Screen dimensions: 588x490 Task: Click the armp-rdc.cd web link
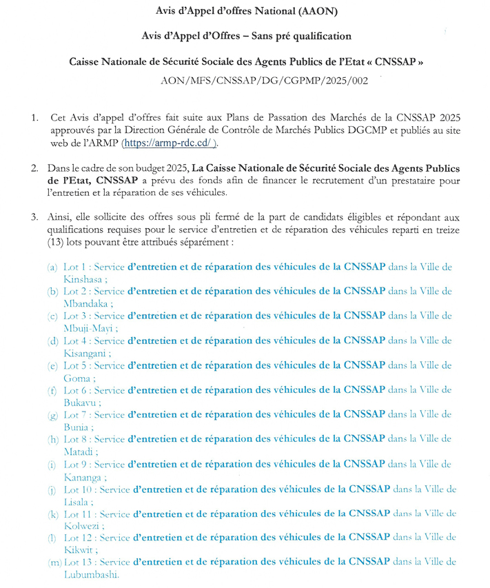(169, 143)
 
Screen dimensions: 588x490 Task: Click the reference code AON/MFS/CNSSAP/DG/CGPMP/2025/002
(254, 81)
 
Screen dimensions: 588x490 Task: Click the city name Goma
(76, 378)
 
